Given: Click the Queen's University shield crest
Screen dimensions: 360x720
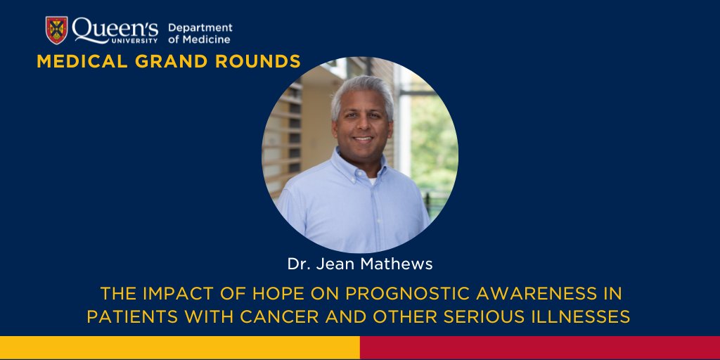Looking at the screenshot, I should point(57,30).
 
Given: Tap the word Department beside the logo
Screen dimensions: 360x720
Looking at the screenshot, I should point(200,27).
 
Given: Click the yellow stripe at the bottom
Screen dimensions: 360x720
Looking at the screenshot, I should point(179,348).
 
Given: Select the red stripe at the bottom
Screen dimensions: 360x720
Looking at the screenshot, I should point(540,348).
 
